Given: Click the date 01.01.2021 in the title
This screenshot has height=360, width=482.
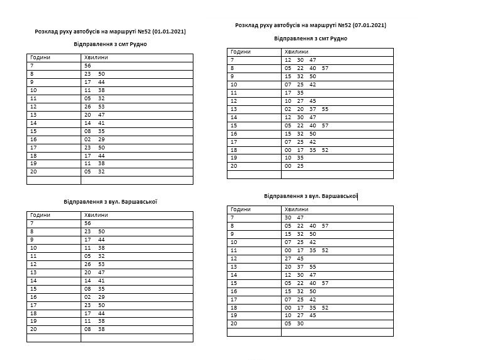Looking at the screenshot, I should point(169,31).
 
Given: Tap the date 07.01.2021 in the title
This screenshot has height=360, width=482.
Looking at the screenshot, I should point(369,25).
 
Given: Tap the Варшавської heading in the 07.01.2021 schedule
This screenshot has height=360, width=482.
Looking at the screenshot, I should point(339,196).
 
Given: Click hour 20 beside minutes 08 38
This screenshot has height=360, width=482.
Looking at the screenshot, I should point(33,330).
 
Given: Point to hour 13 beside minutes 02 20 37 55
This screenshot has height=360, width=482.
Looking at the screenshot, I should point(234,109).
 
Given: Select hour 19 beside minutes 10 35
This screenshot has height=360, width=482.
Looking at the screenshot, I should point(234,158).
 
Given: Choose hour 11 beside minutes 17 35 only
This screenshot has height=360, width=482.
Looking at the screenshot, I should point(234,93).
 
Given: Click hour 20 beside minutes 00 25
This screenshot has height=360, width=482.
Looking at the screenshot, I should point(234,166).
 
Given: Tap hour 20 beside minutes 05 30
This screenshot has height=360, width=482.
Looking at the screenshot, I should point(234,323).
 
